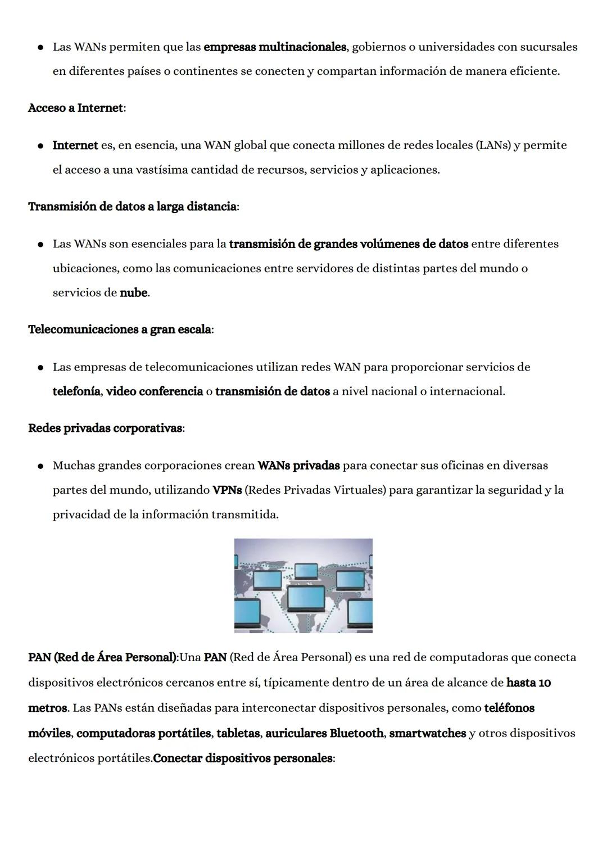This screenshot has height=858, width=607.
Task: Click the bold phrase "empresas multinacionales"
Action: [275, 47]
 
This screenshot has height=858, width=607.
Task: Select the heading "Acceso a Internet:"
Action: [77, 108]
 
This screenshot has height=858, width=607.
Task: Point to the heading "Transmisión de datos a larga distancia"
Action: [133, 207]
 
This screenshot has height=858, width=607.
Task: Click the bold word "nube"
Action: [133, 293]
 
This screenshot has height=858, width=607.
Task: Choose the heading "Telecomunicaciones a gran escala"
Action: [120, 329]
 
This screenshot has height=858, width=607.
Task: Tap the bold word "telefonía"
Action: [76, 391]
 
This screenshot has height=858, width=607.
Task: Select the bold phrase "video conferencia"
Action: [155, 391]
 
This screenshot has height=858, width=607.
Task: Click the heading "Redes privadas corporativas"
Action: [105, 428]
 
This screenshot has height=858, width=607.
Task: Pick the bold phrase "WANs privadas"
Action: [298, 466]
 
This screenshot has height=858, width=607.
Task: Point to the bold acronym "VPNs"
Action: [227, 490]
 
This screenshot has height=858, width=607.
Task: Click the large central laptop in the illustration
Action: [306, 600]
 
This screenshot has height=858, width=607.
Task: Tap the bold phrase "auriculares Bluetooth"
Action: [324, 734]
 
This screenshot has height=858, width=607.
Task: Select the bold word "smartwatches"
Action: [427, 734]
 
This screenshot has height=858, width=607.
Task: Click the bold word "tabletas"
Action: [238, 734]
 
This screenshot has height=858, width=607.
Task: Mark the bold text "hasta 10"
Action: [528, 683]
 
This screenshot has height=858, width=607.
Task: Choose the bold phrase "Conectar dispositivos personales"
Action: [243, 758]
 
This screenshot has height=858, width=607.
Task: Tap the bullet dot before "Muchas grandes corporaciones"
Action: [41, 466]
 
